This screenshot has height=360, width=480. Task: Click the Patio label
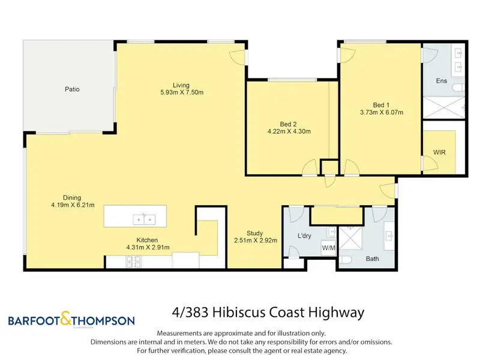tap(72, 89)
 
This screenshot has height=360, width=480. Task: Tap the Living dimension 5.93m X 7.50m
tap(182, 92)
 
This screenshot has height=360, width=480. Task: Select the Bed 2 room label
tap(289, 124)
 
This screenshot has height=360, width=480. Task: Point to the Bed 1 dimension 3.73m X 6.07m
tap(382, 112)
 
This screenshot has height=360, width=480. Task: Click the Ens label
tap(442, 81)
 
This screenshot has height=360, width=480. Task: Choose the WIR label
tap(439, 152)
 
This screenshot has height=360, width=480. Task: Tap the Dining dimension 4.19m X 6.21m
tap(73, 205)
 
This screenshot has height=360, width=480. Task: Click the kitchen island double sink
tap(144, 220)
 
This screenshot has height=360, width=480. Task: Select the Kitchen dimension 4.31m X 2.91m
tap(148, 247)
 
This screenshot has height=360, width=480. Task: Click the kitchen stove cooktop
tap(134, 262)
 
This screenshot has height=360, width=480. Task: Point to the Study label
tap(254, 233)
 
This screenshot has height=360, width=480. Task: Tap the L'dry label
tap(304, 236)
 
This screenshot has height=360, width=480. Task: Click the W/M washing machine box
tap(328, 248)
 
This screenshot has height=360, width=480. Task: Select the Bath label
tap(372, 259)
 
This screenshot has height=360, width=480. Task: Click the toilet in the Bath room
tap(346, 260)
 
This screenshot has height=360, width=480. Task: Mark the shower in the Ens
tap(443, 107)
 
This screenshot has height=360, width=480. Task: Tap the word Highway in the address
tap(336, 313)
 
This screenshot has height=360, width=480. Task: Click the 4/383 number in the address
tap(190, 313)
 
